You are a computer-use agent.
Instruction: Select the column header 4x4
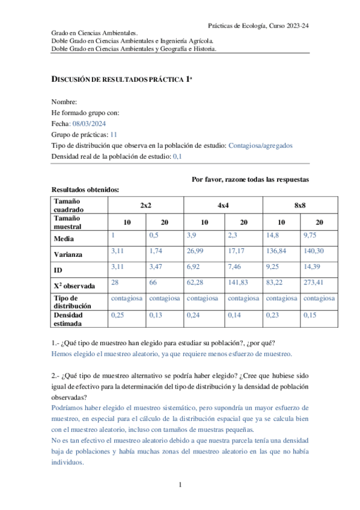tap(223, 205)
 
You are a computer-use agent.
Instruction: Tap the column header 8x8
tap(300, 205)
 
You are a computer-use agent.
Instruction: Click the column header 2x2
tap(145, 205)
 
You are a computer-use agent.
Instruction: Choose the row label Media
tap(64, 239)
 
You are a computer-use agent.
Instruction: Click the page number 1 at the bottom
tap(180, 484)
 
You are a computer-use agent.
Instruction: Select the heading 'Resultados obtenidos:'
tap(85, 189)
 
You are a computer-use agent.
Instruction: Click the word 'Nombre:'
tap(64, 102)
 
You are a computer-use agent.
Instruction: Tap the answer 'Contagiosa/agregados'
tap(261, 145)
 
